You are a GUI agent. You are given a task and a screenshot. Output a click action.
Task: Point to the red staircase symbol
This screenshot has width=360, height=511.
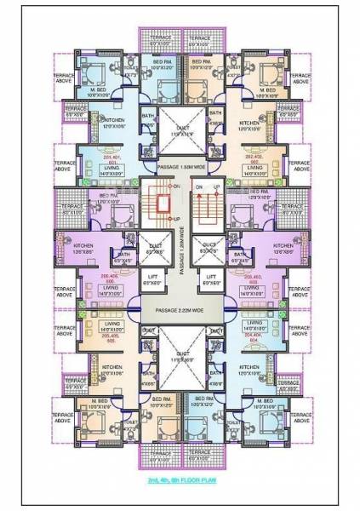click(156, 204)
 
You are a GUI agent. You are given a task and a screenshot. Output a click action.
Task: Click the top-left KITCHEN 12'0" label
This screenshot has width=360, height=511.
click(114, 122)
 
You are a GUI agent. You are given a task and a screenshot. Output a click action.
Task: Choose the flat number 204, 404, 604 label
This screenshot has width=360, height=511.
click(253, 335)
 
